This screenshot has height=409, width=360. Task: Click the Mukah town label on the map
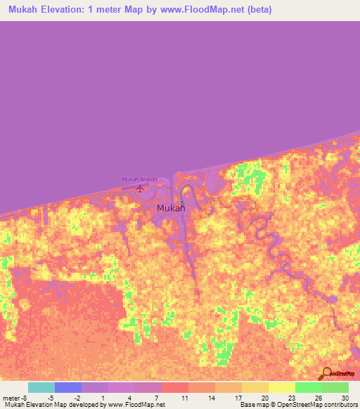click(x=171, y=208)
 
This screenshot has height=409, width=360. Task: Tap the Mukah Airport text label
click(x=139, y=179)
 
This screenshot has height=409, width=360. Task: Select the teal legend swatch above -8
click(x=41, y=387)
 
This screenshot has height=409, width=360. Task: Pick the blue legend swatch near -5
click(x=67, y=387)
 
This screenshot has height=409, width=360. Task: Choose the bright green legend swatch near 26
click(x=308, y=387)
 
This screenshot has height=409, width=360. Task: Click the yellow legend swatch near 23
click(x=281, y=387)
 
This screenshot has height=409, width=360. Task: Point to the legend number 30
click(x=345, y=398)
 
